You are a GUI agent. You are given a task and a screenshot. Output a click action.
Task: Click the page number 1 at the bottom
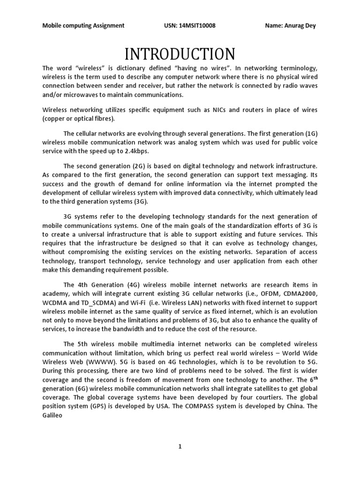[180, 447]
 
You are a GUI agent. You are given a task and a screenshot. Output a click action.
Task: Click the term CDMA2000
[300, 293]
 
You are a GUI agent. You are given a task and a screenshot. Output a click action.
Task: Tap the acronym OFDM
[263, 293]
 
